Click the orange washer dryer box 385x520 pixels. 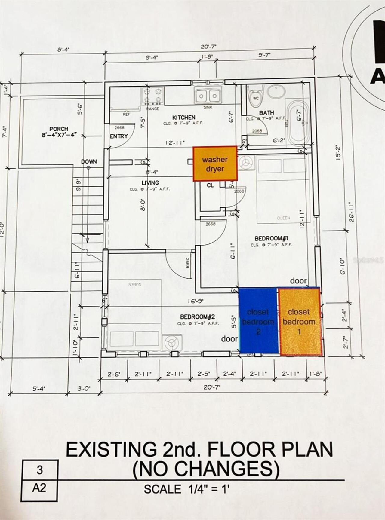pos(215,164)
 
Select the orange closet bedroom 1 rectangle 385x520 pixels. pos(300,322)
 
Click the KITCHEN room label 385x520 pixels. pos(184,118)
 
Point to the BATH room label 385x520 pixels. pos(266,113)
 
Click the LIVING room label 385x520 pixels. pos(150,183)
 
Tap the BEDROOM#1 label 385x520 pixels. pos(271,238)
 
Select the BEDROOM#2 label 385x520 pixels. pos(198,317)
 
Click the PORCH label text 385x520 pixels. pos(59,129)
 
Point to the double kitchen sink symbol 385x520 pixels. pos(208,96)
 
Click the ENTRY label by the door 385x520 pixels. pos(119,136)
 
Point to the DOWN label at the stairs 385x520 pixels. pos(89,162)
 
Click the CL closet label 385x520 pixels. pos(210,185)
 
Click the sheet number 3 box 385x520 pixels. pos(40,470)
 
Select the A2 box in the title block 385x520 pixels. pos(39,488)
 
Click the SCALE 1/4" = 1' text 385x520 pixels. pos(186,489)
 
